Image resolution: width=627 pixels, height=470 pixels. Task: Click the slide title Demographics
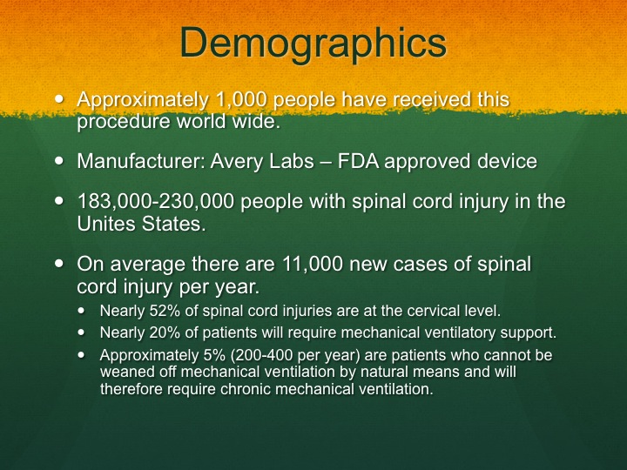(313, 44)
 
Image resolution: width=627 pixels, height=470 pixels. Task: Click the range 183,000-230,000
(155, 201)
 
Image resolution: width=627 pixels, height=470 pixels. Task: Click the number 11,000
(313, 265)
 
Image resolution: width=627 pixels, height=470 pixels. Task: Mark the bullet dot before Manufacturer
(59, 161)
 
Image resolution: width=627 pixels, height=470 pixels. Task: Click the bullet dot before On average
(59, 264)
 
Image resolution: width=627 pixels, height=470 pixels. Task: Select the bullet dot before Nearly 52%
(82, 310)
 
